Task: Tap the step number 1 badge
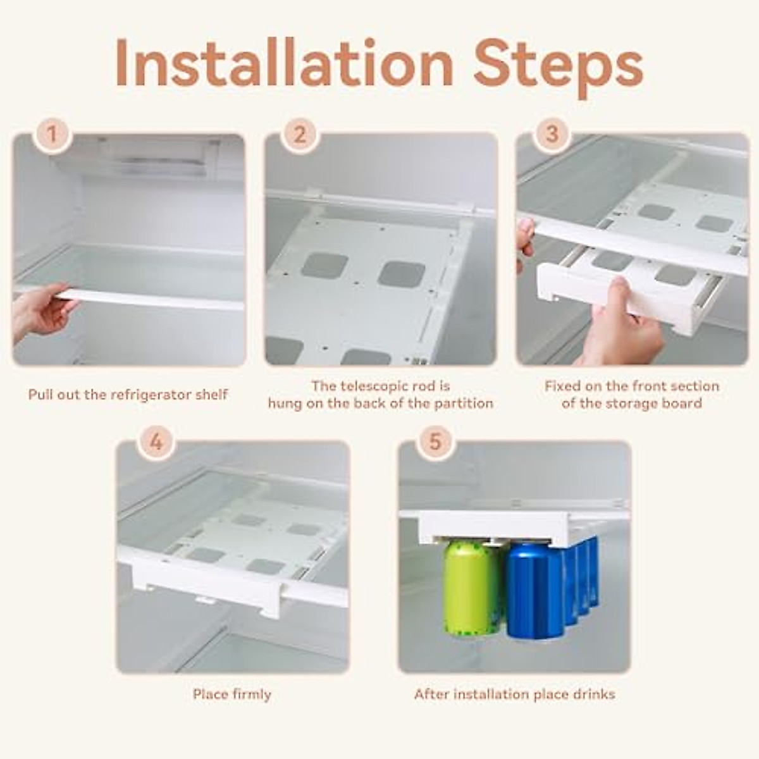pos(53,135)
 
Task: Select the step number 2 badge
pos(300,135)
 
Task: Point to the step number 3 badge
pos(552,135)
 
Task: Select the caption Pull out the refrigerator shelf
pos(128,395)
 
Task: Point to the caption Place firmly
pos(232,694)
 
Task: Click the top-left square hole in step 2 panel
pos(324,266)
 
